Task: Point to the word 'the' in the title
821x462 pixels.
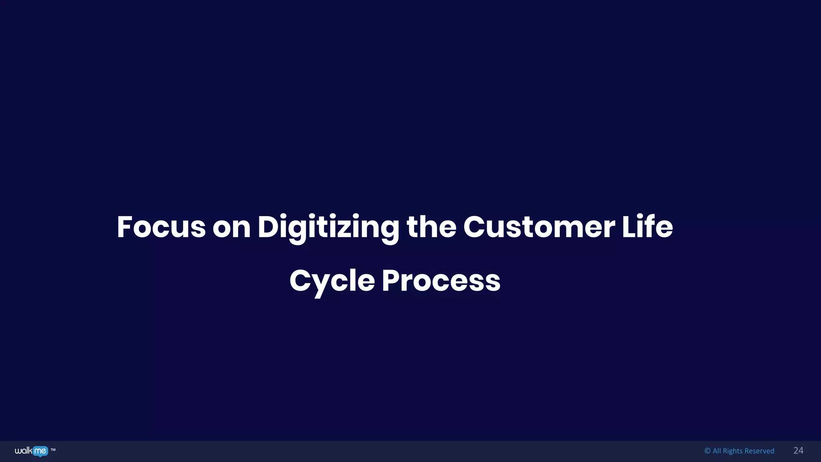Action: (x=431, y=227)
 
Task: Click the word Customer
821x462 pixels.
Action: (x=539, y=227)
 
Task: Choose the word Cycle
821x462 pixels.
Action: (x=332, y=281)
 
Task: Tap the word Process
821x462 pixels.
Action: (x=441, y=280)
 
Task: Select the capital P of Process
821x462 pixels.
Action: (x=392, y=280)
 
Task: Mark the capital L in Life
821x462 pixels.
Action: (x=628, y=227)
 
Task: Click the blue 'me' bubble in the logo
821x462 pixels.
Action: (x=40, y=451)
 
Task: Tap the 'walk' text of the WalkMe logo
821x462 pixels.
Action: (x=23, y=451)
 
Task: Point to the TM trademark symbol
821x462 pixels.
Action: (x=53, y=450)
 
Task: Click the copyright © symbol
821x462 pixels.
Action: (x=707, y=451)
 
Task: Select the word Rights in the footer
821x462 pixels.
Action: (x=732, y=451)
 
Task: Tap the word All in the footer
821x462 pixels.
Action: (x=717, y=451)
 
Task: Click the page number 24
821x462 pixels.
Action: (x=798, y=450)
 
